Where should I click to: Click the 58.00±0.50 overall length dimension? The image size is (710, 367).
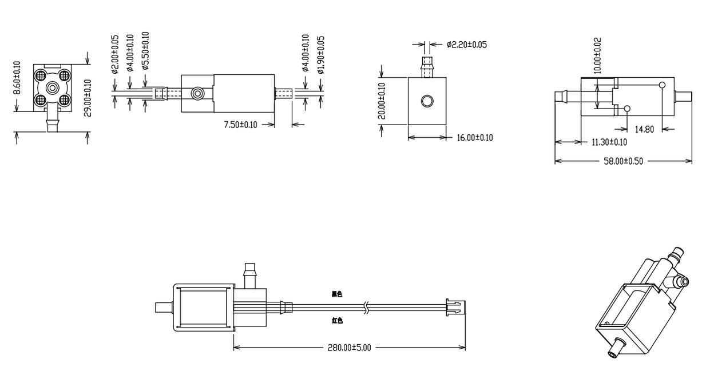click(623, 161)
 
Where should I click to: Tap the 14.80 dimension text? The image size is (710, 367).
click(644, 129)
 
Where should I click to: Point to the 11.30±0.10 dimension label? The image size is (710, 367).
click(608, 142)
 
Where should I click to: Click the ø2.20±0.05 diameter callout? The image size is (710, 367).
click(467, 45)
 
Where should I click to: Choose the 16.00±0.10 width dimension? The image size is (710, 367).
click(474, 138)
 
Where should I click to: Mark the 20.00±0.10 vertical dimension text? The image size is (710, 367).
click(382, 101)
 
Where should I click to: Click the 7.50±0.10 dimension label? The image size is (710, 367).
click(240, 125)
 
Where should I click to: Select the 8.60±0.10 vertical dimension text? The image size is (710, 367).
click(17, 78)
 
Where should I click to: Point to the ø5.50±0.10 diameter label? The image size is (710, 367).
click(145, 51)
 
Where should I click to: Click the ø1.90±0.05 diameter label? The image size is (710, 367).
click(321, 54)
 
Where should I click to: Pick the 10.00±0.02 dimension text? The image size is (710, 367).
click(597, 55)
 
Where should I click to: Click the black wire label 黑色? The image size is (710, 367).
click(337, 294)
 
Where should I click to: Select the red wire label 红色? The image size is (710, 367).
click(337, 321)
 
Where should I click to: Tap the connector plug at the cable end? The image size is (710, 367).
click(455, 307)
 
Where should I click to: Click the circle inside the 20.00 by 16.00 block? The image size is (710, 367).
click(427, 101)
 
